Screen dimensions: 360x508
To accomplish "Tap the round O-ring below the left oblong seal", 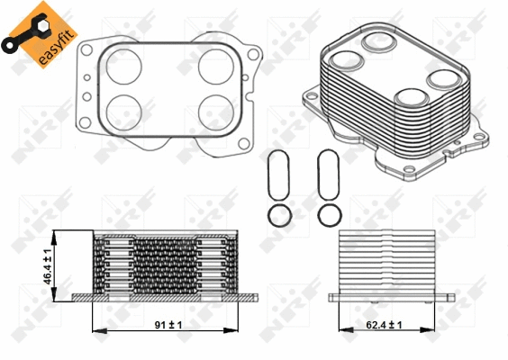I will [x=279, y=215].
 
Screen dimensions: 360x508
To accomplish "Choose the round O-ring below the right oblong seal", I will [x=330, y=215].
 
